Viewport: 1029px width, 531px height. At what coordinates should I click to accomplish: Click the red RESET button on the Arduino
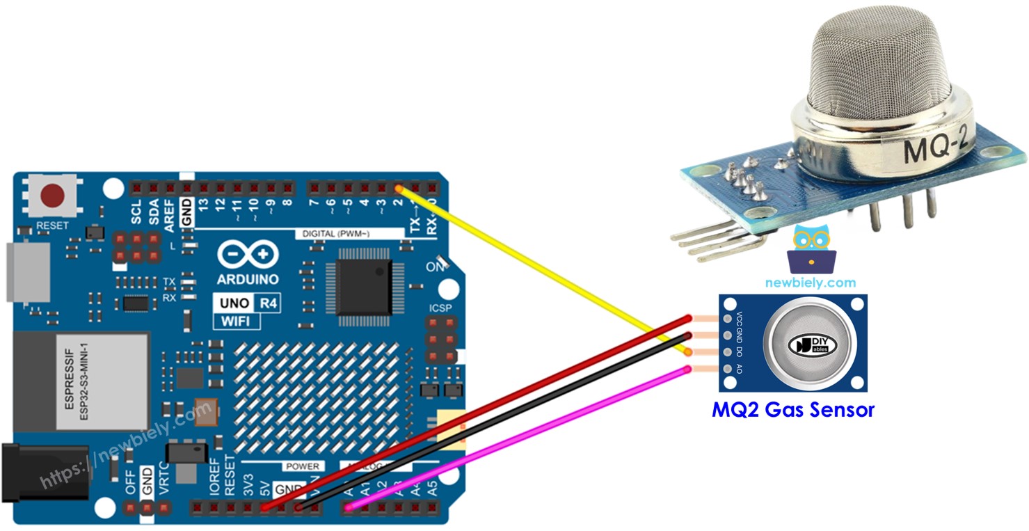point(51,197)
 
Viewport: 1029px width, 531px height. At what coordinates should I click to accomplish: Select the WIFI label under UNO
point(235,321)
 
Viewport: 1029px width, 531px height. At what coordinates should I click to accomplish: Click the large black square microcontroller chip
point(364,287)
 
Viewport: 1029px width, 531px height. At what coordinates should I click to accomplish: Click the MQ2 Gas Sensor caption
point(792,409)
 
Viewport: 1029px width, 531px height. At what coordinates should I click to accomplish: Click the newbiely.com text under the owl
point(811,283)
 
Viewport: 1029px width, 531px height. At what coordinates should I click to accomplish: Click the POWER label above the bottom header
point(301,466)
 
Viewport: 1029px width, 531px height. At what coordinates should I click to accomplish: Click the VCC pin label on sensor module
point(739,319)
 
